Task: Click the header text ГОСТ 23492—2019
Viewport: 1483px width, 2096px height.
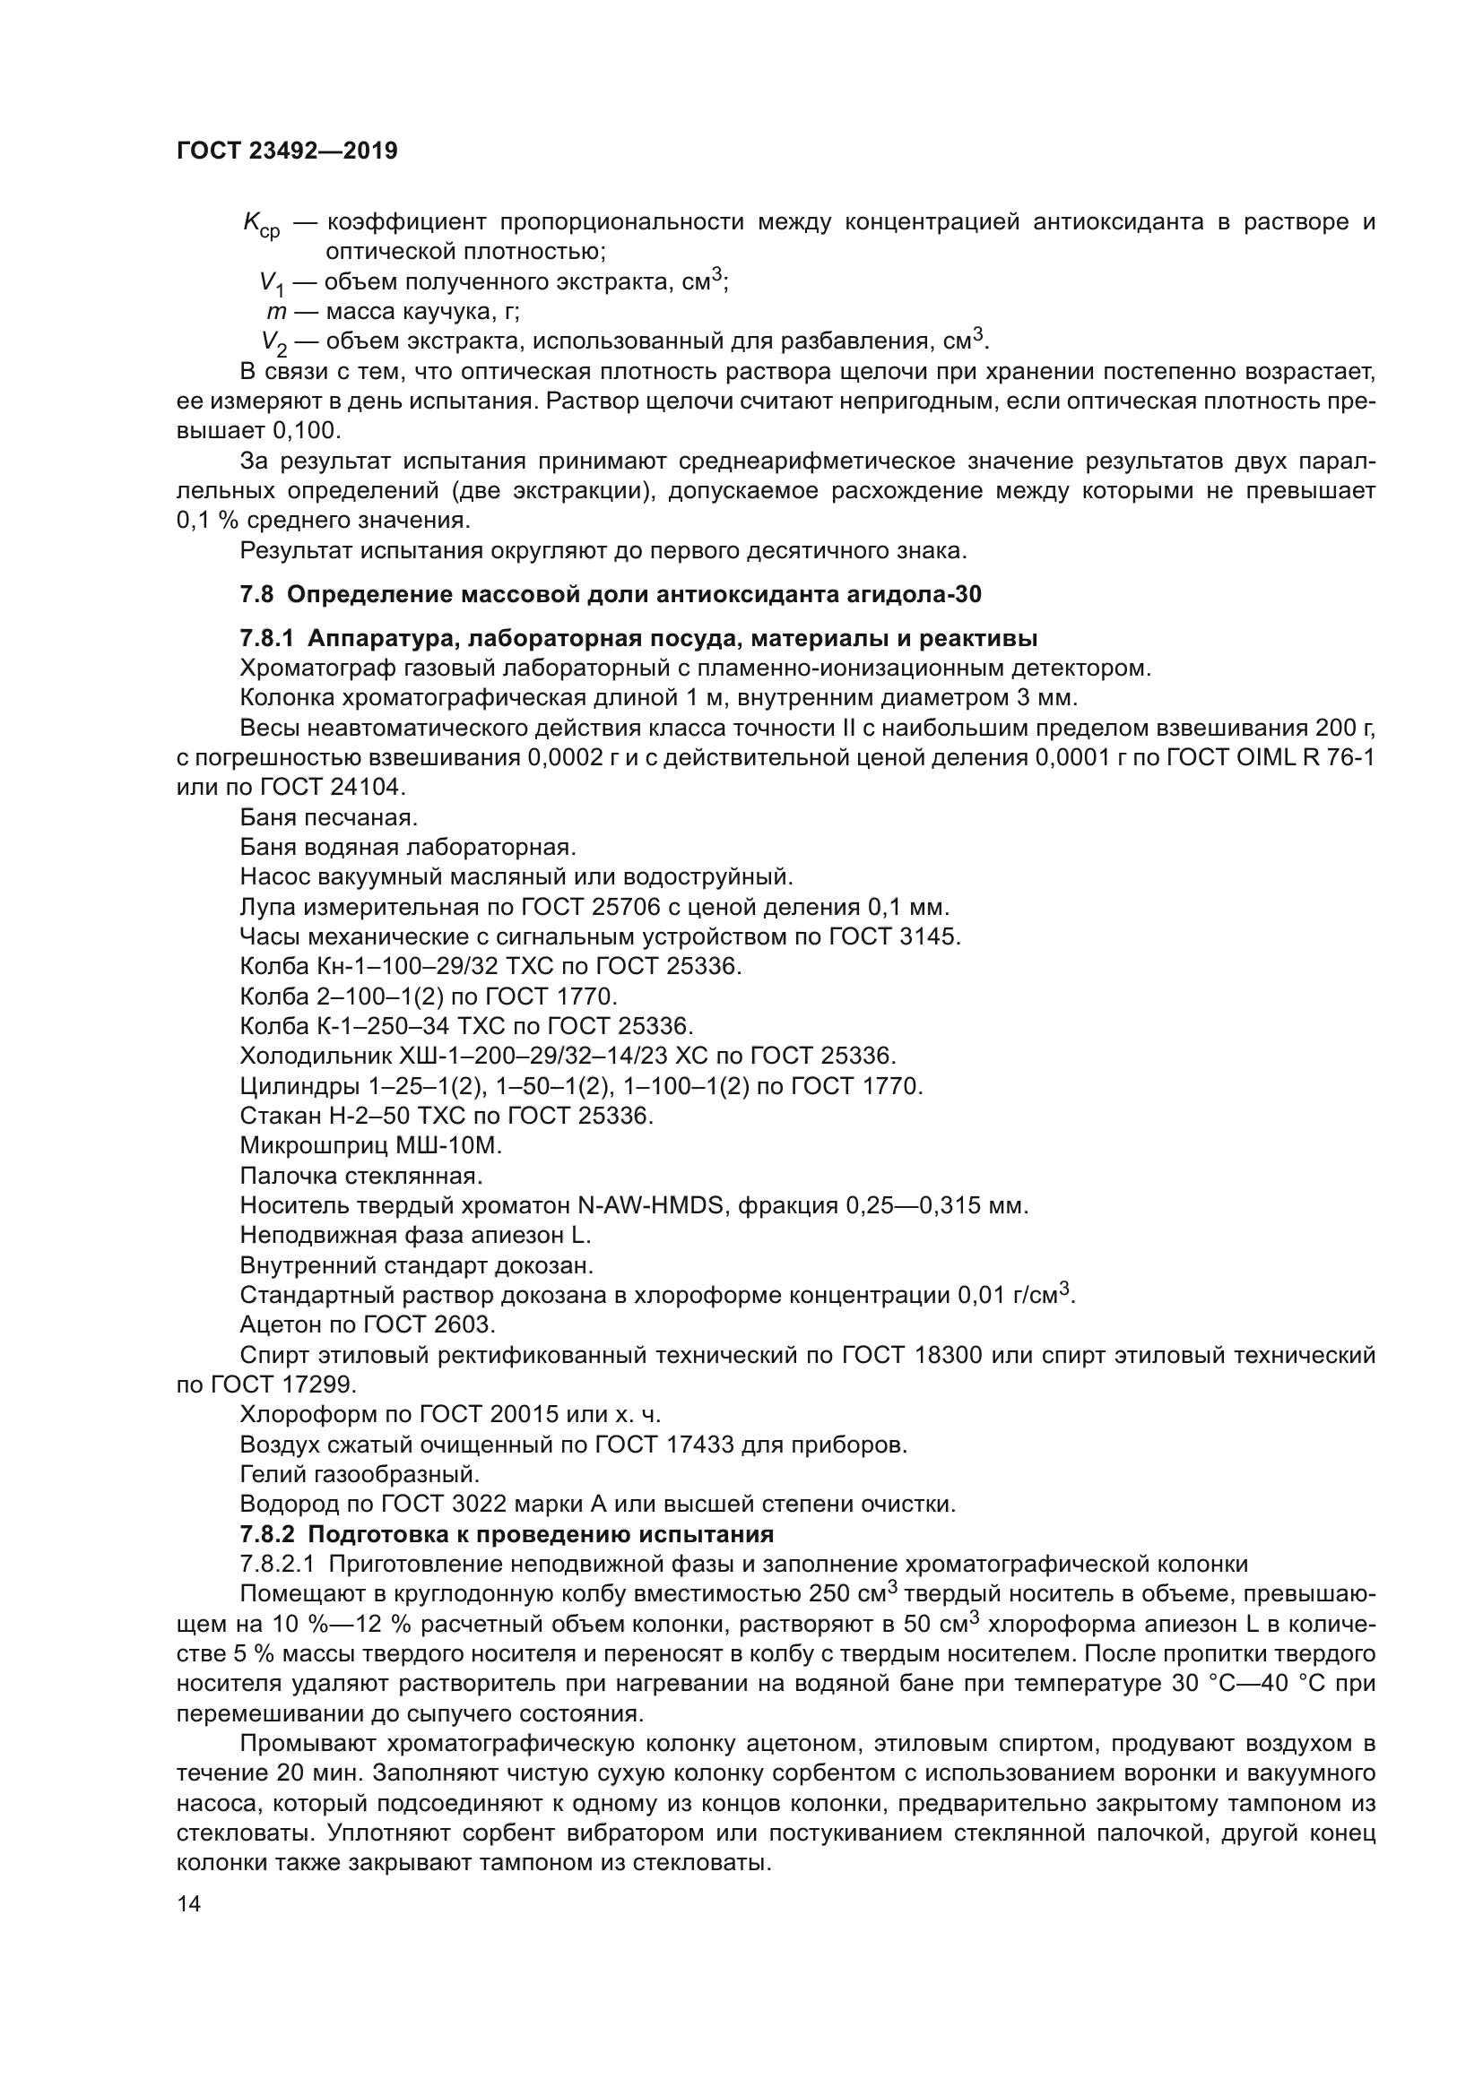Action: [x=287, y=151]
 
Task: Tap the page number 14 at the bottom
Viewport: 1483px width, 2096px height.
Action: [x=189, y=1904]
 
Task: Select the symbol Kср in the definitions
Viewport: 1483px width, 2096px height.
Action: [x=261, y=225]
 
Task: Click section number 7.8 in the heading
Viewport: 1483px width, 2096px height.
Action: [x=256, y=595]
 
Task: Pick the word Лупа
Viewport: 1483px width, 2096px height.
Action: [x=266, y=908]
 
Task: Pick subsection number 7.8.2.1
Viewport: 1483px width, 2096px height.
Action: [x=278, y=1565]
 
